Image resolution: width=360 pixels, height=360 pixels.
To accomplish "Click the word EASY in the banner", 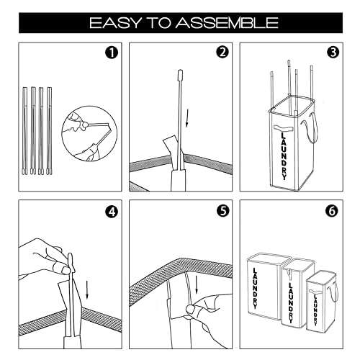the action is coord(116,23).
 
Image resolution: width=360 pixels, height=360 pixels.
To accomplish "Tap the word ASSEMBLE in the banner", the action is coord(227,23).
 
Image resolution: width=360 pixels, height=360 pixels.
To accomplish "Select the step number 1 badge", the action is coord(112,53).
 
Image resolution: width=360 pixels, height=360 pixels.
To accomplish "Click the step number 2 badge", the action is coord(222,52).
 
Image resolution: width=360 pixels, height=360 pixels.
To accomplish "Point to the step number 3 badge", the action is coord(333,53).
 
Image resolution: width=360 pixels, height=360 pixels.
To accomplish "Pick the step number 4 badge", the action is coord(112,212).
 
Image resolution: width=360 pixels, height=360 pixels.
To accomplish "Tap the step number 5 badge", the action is coord(222,210).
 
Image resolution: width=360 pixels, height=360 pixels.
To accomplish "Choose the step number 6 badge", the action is coord(332,211).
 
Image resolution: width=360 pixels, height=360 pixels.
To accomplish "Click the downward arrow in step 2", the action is coord(188,118).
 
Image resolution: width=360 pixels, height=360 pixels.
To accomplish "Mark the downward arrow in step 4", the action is coord(87,289).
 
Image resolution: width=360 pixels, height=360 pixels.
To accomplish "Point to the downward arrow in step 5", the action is coord(197,285).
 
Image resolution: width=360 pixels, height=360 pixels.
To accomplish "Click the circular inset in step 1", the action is coord(89,133).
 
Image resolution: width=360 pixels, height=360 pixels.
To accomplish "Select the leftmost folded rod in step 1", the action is coord(25,130).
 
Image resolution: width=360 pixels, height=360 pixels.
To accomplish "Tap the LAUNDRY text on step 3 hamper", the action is coord(284,156).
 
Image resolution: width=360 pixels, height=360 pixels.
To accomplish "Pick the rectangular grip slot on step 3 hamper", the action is coord(284,127).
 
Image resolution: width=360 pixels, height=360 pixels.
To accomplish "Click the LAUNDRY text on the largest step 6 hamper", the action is coord(255,288).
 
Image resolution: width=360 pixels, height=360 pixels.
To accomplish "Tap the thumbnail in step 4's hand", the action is coord(66,271).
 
